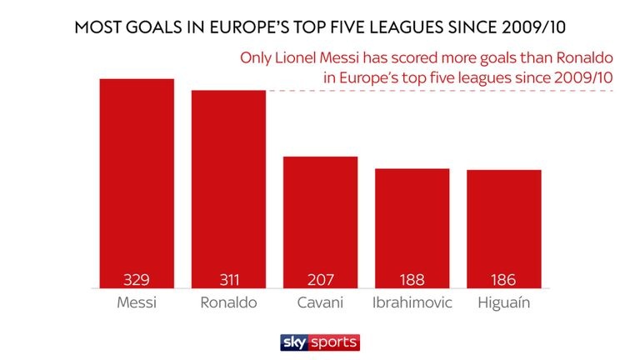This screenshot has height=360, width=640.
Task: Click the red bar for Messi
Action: pyautogui.click(x=137, y=183)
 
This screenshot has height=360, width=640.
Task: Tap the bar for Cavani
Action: pyautogui.click(x=320, y=222)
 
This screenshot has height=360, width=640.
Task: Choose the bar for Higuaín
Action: pyautogui.click(x=503, y=228)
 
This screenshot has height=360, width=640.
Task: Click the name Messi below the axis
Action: pyautogui.click(x=137, y=302)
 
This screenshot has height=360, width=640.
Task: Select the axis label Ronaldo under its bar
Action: pyautogui.click(x=228, y=302)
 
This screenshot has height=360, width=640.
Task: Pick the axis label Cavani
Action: pyautogui.click(x=320, y=302)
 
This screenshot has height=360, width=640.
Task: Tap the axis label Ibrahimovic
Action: pyautogui.click(x=412, y=302)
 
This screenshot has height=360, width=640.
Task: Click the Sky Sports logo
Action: pyautogui.click(x=319, y=342)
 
